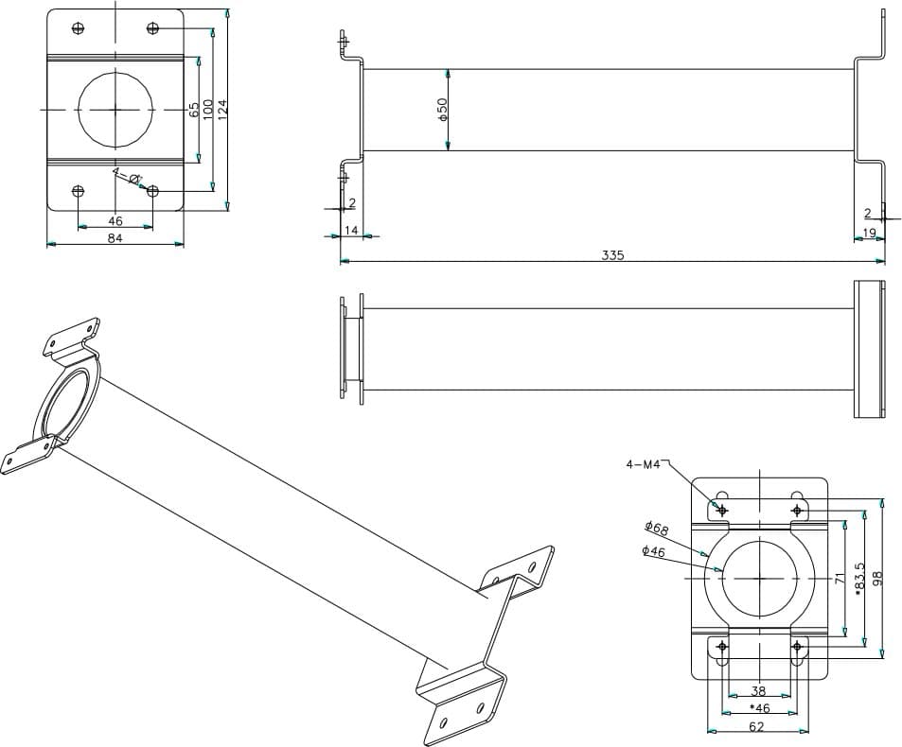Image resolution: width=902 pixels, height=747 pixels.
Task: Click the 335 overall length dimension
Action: (x=612, y=255)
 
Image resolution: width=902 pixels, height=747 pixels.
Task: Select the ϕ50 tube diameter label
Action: (x=442, y=109)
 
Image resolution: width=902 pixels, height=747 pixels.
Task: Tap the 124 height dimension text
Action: (x=223, y=109)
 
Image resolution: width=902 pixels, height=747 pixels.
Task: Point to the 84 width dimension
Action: (x=115, y=238)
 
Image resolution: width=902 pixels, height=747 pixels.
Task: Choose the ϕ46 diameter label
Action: (x=653, y=550)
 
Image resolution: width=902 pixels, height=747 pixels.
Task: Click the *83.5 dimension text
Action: (x=859, y=578)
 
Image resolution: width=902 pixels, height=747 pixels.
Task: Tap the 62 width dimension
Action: (x=758, y=725)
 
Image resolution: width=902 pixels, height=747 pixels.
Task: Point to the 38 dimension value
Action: (x=758, y=691)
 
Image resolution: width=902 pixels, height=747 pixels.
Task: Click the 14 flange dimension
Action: (x=351, y=230)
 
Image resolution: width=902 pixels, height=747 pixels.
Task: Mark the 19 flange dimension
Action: (x=869, y=233)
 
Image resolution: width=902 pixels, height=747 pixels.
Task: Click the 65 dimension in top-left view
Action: (x=194, y=110)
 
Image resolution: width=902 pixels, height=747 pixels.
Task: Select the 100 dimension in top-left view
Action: (x=208, y=110)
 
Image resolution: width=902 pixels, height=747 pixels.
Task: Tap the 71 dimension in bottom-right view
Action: (x=839, y=578)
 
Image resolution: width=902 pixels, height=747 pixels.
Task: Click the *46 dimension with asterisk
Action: (x=758, y=707)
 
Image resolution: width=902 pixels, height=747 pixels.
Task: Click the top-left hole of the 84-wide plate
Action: (x=78, y=27)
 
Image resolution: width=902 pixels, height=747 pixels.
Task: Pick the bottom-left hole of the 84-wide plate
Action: (x=78, y=191)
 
